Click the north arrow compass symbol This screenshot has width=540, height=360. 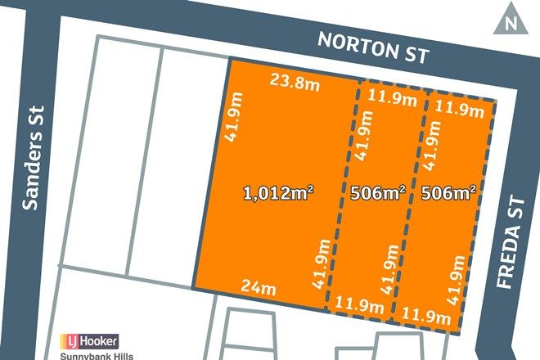coord(511,20)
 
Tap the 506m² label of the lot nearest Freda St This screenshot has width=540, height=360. coord(449,194)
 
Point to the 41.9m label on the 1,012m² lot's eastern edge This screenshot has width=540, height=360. coord(321,263)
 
